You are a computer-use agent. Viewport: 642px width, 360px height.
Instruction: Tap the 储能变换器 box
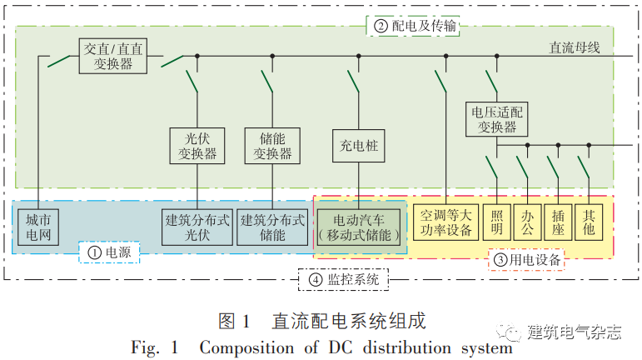(272, 144)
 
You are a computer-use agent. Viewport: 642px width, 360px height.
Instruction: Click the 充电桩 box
(360, 145)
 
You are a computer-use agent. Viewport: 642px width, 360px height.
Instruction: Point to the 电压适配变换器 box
(498, 118)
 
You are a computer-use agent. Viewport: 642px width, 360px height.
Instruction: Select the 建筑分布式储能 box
(272, 226)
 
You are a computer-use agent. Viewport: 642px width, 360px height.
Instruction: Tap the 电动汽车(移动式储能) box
(360, 226)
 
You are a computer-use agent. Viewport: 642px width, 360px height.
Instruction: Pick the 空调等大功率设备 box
(446, 222)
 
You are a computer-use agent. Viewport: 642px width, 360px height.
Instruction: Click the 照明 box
(497, 222)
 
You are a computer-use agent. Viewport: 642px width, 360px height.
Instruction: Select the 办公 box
(527, 222)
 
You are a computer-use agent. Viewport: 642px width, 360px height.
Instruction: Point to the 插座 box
(558, 222)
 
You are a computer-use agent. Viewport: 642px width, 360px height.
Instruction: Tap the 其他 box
(589, 222)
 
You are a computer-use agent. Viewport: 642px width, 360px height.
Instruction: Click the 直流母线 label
(575, 47)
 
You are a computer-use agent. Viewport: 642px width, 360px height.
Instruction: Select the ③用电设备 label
(528, 260)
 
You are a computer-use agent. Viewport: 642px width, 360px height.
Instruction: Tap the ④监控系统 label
(344, 280)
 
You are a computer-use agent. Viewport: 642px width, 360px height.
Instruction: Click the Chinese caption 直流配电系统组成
(347, 321)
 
